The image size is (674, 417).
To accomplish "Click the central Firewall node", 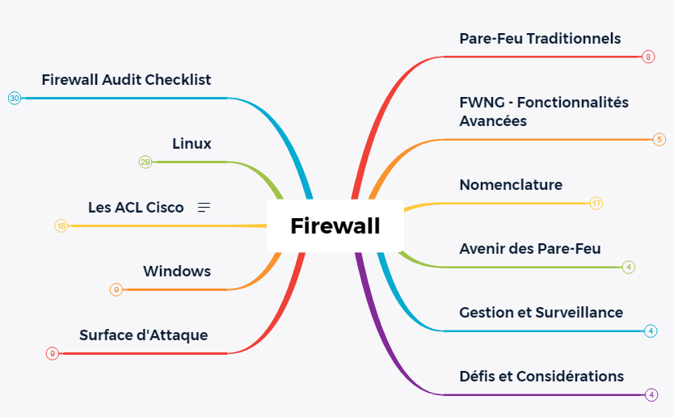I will point(335,225).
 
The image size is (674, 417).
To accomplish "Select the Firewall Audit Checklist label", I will point(126,79).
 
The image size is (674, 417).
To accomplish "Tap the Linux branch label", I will point(192,144).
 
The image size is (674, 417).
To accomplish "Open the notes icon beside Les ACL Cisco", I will point(204,208).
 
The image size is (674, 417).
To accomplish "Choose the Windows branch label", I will point(177,272).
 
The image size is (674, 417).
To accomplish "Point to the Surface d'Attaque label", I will point(143,335).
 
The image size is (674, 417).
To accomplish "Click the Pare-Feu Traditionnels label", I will point(540,38).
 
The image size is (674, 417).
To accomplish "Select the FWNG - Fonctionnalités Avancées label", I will point(543,112).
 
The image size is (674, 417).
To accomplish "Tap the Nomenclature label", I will point(511,185).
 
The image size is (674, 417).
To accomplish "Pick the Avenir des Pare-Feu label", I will point(529,248).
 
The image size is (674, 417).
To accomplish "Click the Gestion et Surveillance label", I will point(541,312).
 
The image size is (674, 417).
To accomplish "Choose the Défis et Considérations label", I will point(541,376).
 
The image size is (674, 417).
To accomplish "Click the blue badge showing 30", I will point(15,99).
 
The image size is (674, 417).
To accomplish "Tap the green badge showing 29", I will point(145,162).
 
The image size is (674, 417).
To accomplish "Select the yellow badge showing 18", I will point(61,226).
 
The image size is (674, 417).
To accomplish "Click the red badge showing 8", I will point(648,57).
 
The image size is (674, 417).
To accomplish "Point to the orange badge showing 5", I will point(659,139).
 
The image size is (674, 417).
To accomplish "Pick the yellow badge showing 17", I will point(596,203).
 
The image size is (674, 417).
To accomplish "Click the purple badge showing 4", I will point(651,394).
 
